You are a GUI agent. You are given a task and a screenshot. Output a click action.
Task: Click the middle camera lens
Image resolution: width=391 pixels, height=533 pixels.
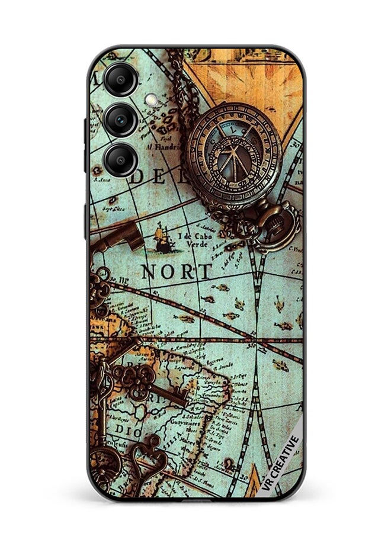click(x=121, y=118)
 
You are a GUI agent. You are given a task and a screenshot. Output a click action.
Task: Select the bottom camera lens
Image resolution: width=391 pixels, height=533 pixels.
click(x=121, y=158)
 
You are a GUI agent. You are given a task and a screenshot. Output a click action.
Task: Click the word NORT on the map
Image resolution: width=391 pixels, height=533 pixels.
click(x=177, y=272)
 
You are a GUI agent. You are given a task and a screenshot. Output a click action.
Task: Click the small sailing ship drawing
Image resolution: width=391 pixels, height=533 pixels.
click(x=162, y=239)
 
